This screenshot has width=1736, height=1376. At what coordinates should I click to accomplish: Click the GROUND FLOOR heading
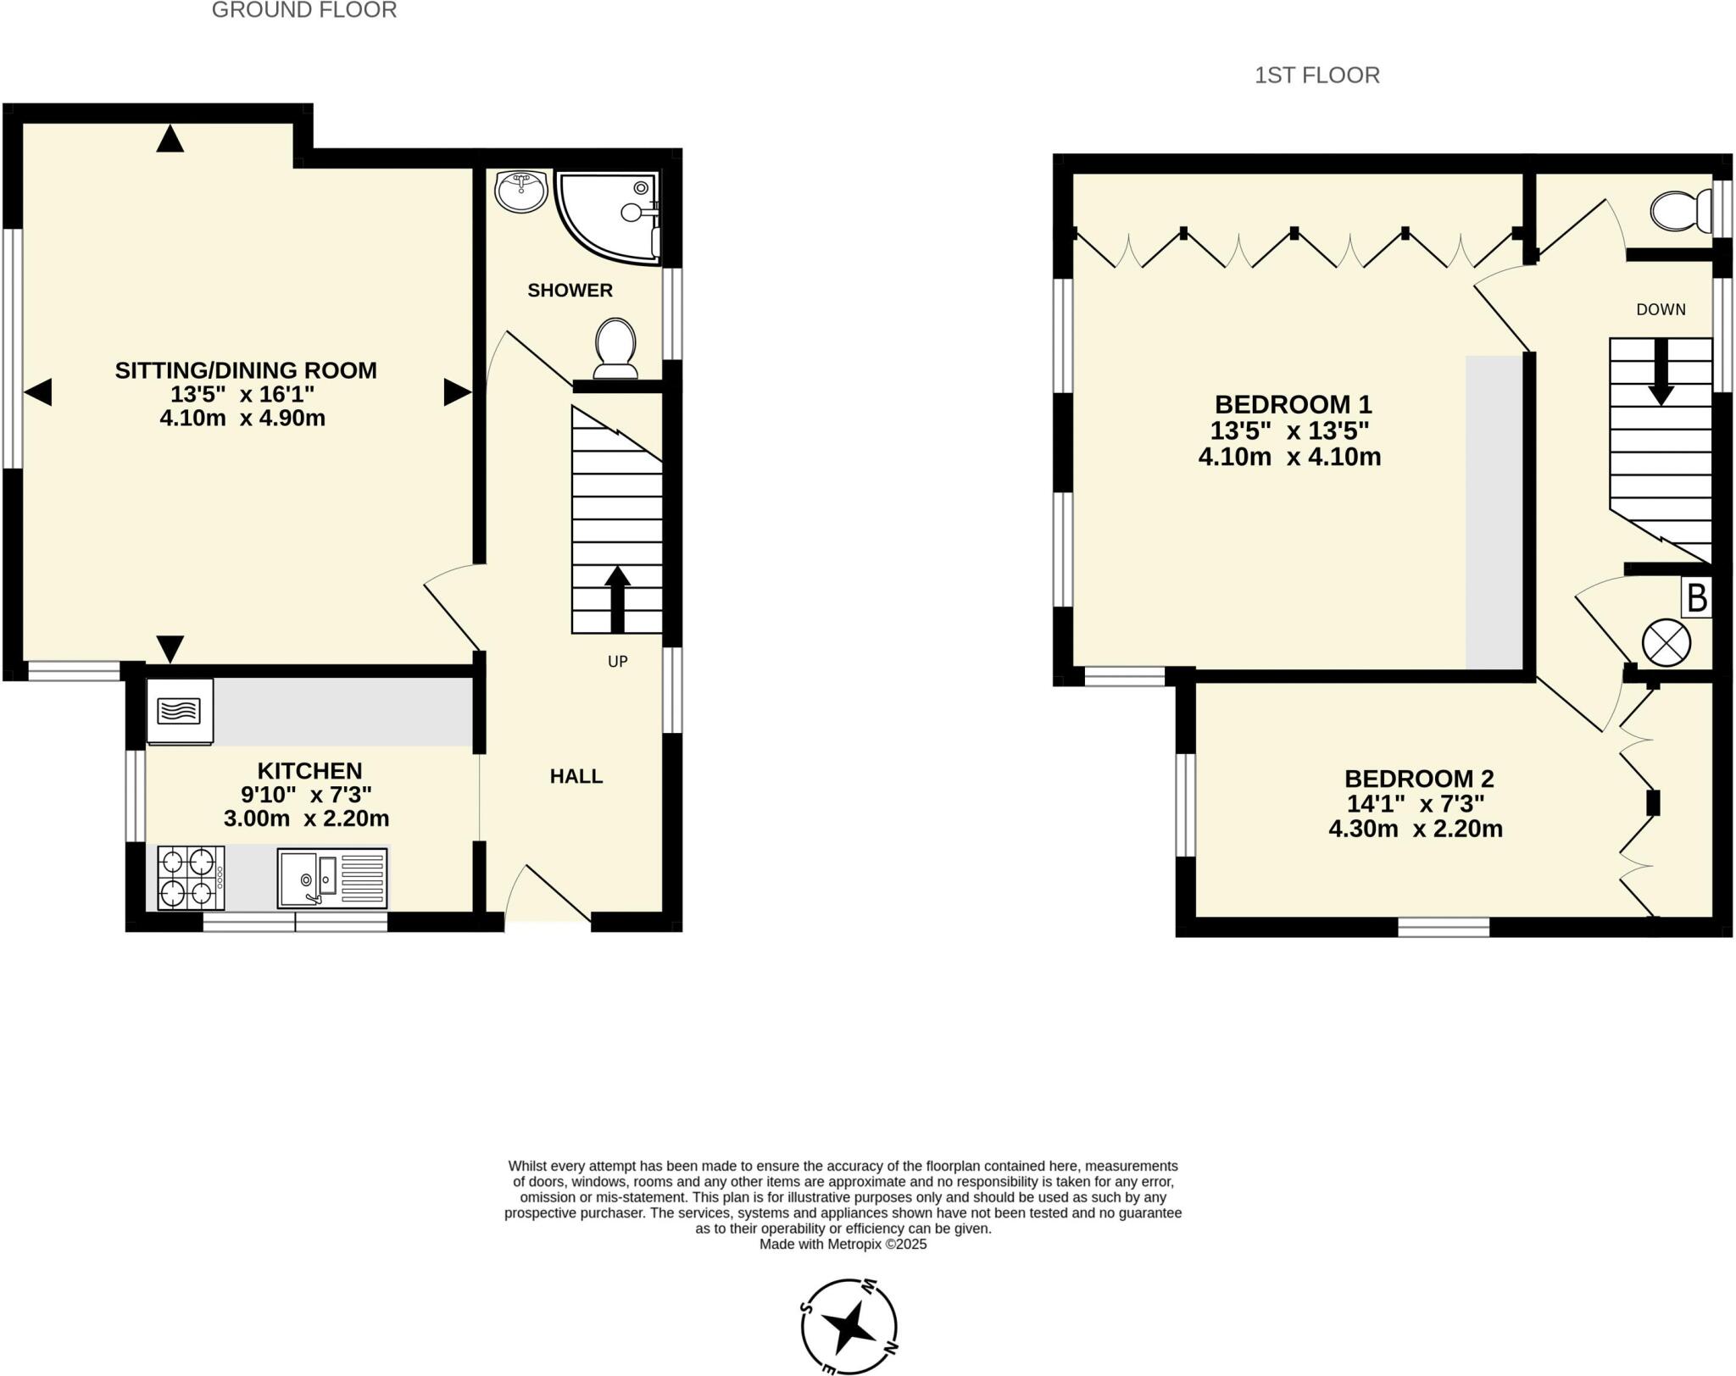[x=303, y=11]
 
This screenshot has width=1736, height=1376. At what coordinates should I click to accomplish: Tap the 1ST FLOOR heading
[x=1316, y=76]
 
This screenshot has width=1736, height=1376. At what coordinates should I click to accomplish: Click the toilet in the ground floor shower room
[x=616, y=348]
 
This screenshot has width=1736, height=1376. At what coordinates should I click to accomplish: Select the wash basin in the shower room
[x=521, y=191]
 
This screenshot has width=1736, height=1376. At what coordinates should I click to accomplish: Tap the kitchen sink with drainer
[x=332, y=878]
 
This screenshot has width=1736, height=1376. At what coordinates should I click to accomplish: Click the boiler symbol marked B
[x=1696, y=598]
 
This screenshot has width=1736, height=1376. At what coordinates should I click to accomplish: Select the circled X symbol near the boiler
[x=1666, y=643]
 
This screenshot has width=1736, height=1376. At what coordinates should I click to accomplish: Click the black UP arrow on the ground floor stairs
[x=617, y=598]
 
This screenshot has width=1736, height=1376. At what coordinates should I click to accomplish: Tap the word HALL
[x=576, y=776]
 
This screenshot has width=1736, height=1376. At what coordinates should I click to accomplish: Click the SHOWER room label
[x=570, y=291]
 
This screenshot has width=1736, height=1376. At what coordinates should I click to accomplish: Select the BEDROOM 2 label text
[x=1418, y=778]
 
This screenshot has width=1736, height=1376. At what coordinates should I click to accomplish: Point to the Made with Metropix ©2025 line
[x=843, y=1245]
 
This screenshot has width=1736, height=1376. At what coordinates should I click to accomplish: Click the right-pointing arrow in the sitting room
[x=457, y=392]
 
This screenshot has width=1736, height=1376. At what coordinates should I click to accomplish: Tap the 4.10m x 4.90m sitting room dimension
[x=242, y=419]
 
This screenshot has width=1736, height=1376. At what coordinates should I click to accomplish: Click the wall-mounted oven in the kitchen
[x=180, y=711]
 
